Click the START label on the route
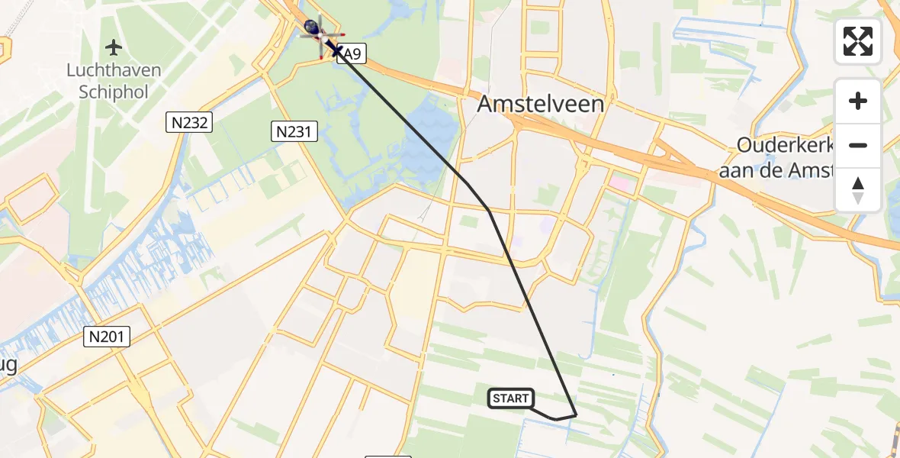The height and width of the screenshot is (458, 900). [x=510, y=398]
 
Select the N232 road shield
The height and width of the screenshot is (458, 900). [x=188, y=122]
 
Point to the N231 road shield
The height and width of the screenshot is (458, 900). [x=294, y=132]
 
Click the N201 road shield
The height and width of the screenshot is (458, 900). [x=108, y=336]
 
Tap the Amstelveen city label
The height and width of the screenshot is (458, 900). [x=541, y=105]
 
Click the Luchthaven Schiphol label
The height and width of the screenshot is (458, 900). [x=114, y=82]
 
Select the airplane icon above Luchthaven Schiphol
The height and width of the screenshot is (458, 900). [x=114, y=48]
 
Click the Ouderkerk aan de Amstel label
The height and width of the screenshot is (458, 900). [x=786, y=157]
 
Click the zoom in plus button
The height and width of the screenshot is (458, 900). [x=858, y=102]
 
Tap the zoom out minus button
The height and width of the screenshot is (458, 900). [x=858, y=145]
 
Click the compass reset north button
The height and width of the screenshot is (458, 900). [x=858, y=190]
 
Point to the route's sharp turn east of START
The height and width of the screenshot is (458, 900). [x=576, y=414]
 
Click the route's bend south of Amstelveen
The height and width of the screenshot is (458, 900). [x=489, y=211]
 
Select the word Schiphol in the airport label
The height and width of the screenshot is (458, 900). [x=114, y=92]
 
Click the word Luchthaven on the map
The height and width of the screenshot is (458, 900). [x=114, y=71]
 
